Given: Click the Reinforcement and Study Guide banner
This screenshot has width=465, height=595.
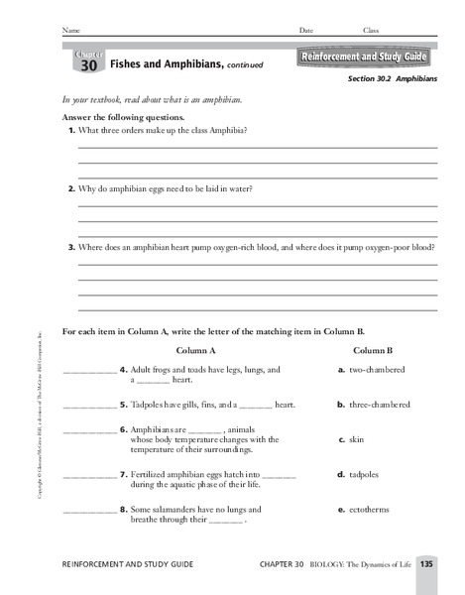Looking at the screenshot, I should pyautogui.click(x=367, y=59).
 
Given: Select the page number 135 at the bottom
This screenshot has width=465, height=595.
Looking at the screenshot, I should pyautogui.click(x=426, y=564).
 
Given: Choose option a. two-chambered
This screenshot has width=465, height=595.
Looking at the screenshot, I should pyautogui.click(x=371, y=370).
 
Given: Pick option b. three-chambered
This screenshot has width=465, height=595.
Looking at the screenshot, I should pyautogui.click(x=374, y=405).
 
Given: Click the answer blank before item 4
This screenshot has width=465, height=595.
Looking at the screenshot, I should pyautogui.click(x=88, y=372).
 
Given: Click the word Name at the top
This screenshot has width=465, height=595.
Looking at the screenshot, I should pyautogui.click(x=71, y=31).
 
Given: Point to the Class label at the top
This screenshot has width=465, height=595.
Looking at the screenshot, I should pyautogui.click(x=371, y=31).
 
